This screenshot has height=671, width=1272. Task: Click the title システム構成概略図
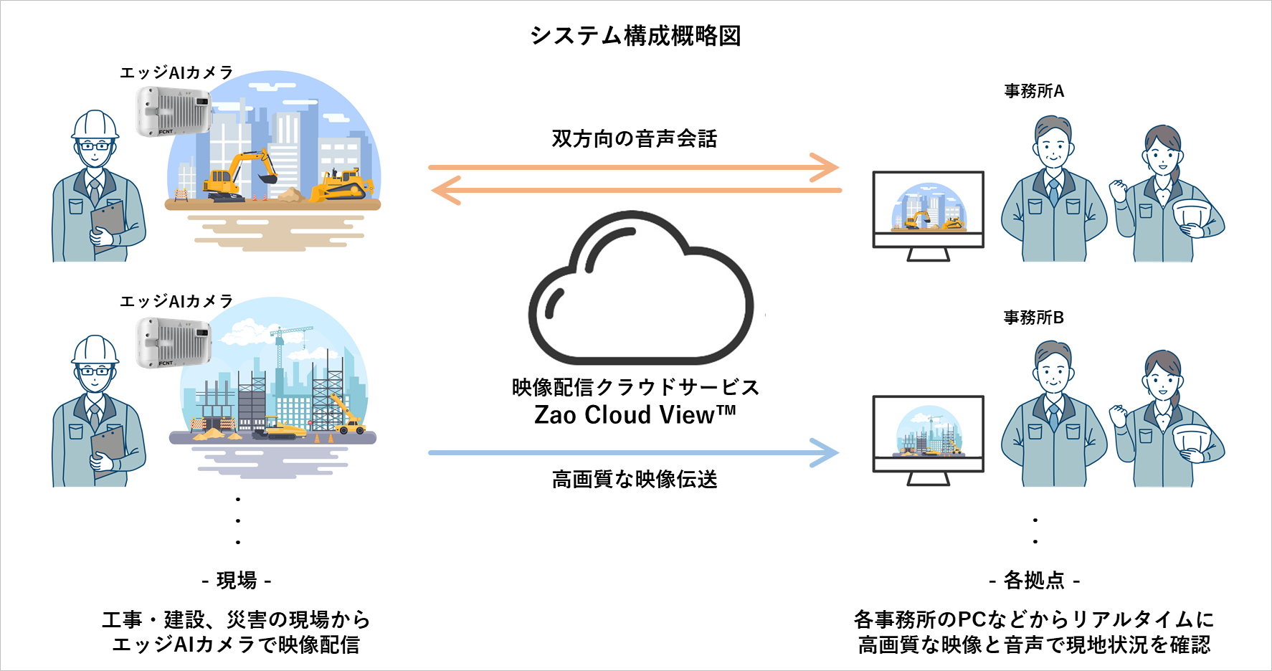pos(635,35)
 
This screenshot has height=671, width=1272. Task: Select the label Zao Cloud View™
pos(635,415)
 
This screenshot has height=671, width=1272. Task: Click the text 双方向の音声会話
pos(635,138)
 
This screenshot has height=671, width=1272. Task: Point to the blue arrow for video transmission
pos(634,453)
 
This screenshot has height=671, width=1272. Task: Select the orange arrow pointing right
pos(634,167)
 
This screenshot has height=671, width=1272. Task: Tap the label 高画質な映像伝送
pos(635,479)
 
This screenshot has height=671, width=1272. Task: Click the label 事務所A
pos(1034,91)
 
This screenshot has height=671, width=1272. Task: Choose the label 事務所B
pos(1034,318)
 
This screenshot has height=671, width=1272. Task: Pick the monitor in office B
pos(928,437)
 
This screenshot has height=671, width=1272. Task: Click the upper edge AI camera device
pos(174,111)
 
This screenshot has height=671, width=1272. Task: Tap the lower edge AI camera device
pos(174,342)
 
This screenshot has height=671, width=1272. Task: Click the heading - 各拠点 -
pos(1034,580)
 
